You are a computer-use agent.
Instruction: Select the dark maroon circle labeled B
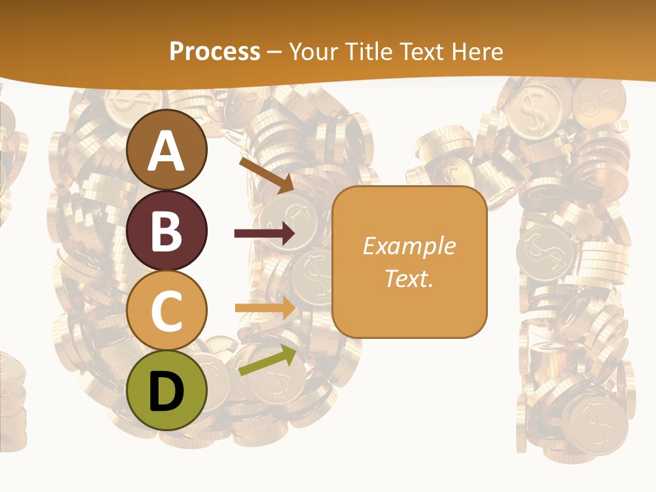coord(167,231)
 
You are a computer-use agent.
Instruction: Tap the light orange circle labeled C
coord(167,310)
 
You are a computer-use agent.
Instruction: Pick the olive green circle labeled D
coord(167,390)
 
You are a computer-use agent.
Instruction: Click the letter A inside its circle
coord(167,151)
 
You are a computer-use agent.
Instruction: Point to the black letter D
coord(167,392)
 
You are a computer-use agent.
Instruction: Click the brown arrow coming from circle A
coord(266,174)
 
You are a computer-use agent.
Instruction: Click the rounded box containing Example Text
coord(409,262)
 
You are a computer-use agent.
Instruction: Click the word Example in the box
coord(409,246)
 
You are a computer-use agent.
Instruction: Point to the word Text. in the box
coord(409,278)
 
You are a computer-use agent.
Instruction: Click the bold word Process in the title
coord(215,51)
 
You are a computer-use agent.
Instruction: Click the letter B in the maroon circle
coord(167,231)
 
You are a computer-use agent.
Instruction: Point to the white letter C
coord(167,311)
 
